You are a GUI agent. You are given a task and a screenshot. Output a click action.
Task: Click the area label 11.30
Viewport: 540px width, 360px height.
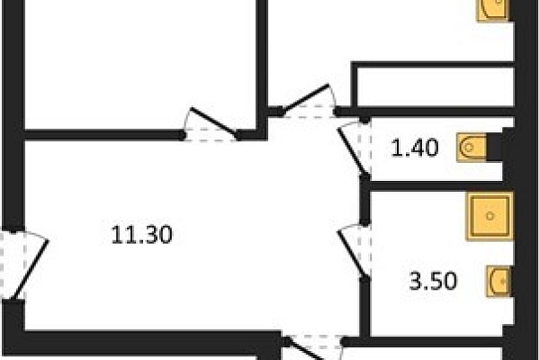pos(142,235)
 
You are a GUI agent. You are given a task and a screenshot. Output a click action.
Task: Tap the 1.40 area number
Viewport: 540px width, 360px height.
pos(415,148)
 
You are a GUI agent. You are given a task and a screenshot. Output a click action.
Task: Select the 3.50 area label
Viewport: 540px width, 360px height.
pos(433,281)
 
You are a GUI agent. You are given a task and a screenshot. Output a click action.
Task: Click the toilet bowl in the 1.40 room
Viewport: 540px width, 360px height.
pos(471,148)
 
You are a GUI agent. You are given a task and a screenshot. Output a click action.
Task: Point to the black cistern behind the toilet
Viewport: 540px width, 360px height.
pos(494,147)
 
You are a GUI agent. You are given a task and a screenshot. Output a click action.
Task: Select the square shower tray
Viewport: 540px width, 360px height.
pos(490,216)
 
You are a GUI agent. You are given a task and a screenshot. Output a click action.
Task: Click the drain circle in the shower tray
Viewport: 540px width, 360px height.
pos(490,216)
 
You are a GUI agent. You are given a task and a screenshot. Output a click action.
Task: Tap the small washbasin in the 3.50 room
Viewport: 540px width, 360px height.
pos(499,281)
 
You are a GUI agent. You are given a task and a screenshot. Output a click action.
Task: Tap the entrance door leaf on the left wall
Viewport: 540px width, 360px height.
pos(29,269)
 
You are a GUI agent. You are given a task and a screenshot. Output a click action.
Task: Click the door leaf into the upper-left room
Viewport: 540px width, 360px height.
pos(213,121)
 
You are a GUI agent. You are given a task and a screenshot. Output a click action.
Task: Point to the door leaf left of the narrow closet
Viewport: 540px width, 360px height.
pos(304,98)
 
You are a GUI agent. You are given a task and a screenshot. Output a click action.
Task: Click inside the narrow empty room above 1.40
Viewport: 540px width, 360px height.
pos(436,86)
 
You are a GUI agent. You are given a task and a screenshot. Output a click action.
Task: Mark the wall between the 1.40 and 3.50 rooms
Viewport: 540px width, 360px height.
pos(436,186)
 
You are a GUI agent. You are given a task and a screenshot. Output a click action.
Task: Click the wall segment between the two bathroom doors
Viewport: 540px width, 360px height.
pos(364,200)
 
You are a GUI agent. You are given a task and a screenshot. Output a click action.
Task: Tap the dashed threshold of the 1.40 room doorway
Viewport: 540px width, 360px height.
pos(364,148)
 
